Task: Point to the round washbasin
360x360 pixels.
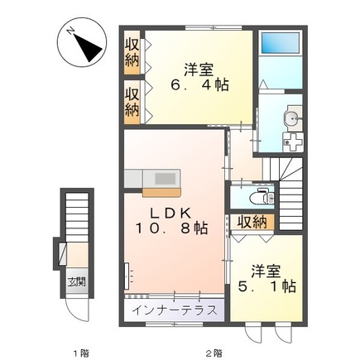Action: click(x=290, y=118)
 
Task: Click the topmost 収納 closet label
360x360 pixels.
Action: click(x=132, y=52)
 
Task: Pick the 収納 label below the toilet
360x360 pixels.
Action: click(x=252, y=221)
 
